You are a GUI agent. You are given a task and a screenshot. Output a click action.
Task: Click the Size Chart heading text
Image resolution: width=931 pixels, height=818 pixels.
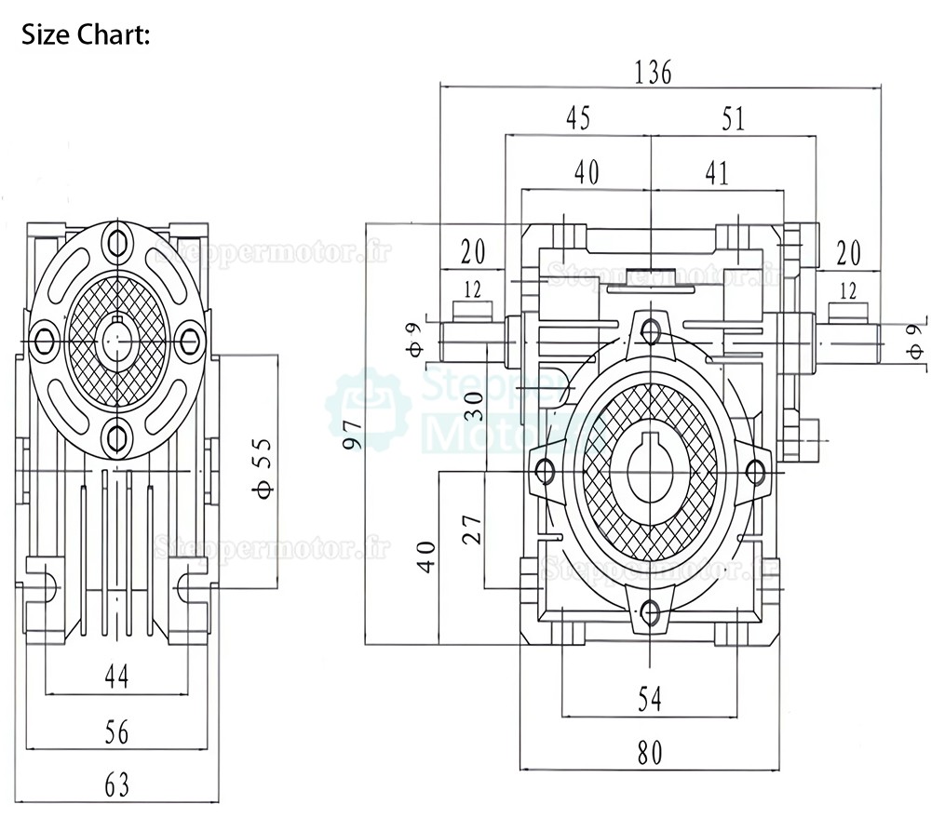[x=85, y=35]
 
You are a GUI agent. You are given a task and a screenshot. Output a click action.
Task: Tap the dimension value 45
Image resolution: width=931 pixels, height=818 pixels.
[x=578, y=118]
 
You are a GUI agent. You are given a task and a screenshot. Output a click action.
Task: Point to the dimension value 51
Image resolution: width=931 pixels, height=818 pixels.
[x=734, y=119]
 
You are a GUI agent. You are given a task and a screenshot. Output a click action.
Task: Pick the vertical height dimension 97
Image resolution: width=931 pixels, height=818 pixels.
[x=353, y=434]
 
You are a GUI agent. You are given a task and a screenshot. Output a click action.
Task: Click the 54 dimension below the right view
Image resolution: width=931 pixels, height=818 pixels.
[x=650, y=699]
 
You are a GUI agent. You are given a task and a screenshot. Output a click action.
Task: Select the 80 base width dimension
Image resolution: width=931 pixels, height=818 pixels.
[x=650, y=754]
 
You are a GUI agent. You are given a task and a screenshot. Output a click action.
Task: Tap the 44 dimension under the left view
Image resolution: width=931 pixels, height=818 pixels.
[x=116, y=677]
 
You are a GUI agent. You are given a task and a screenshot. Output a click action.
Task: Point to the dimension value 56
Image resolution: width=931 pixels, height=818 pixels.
[x=116, y=732]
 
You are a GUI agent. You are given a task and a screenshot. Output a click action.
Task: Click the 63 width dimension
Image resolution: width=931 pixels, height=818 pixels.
[x=116, y=785]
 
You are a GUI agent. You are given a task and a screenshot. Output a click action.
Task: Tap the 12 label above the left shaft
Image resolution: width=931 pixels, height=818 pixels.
[x=473, y=290]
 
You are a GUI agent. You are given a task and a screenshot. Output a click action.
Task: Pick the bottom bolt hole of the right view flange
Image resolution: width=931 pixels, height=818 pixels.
[x=651, y=612]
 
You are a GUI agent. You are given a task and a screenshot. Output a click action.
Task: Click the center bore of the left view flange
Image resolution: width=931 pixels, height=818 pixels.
[x=115, y=339]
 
